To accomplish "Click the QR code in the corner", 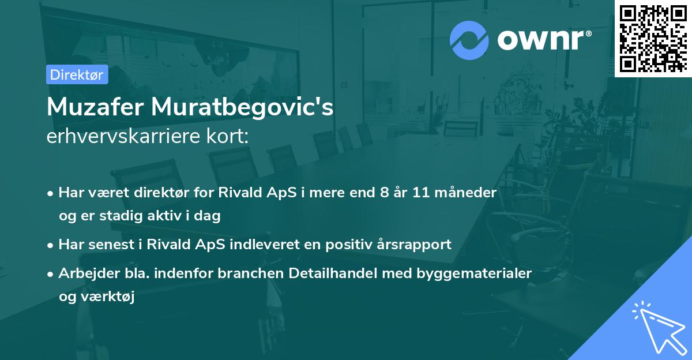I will click(653, 38).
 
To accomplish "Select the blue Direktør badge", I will click(77, 74).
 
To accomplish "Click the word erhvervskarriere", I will click(121, 137).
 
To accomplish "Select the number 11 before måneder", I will click(427, 192).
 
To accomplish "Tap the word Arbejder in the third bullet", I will click(84, 273).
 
